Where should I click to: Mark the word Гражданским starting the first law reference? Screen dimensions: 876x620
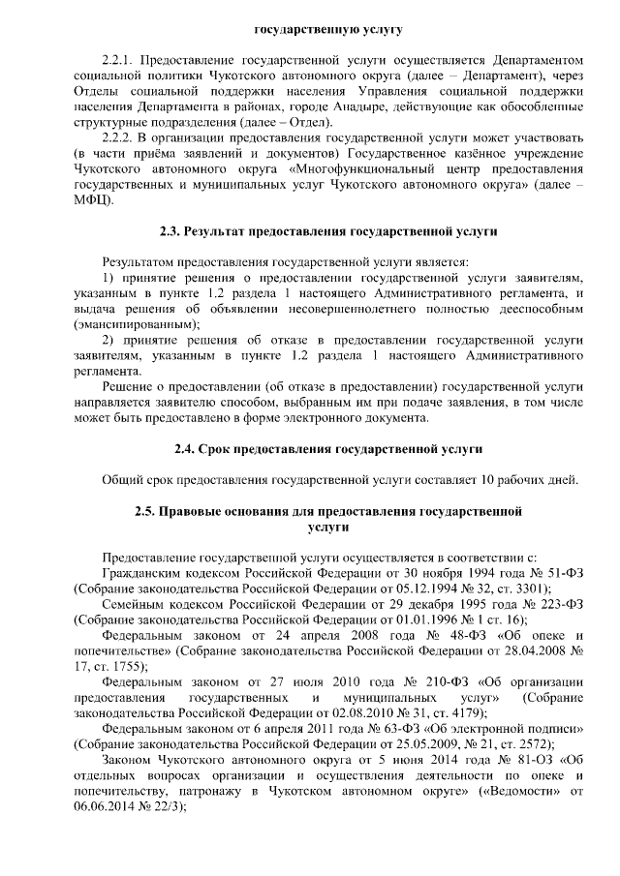point(145,573)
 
